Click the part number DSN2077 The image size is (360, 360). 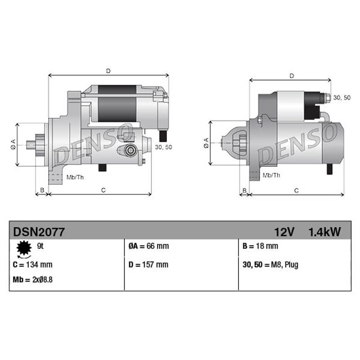(x=39, y=232)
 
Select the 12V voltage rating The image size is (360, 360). (x=284, y=232)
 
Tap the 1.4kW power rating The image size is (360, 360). (x=324, y=232)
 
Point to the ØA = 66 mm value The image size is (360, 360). (x=148, y=246)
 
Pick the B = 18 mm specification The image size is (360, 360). (x=260, y=246)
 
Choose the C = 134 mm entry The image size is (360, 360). (x=33, y=265)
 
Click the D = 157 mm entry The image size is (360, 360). (x=148, y=265)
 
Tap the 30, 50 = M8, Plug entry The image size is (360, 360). (x=270, y=265)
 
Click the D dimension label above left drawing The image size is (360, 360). (x=108, y=71)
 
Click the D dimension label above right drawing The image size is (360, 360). (x=292, y=76)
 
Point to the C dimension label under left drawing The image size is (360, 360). (x=103, y=190)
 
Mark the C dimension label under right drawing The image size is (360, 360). (x=297, y=191)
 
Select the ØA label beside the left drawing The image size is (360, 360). (x=13, y=144)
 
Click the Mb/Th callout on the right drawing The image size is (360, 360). (x=271, y=175)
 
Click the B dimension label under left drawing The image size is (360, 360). (x=42, y=190)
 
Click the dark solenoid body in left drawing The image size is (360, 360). (x=117, y=103)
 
